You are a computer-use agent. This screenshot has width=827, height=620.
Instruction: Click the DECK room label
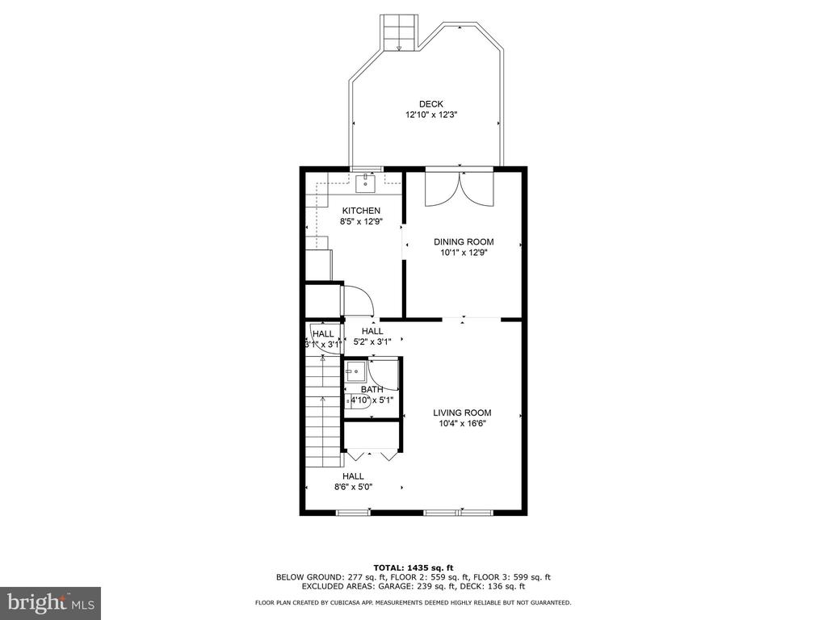pos(431,104)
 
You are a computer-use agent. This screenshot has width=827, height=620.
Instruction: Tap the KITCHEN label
pos(361,211)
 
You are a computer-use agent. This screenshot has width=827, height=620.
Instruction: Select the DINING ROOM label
pos(464,242)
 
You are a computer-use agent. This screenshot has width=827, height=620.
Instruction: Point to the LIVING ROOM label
pos(462,413)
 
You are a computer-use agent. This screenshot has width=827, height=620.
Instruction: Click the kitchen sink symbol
pos(365,183)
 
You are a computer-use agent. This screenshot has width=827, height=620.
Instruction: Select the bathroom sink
pos(355,371)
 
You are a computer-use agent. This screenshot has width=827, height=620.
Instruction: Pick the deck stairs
pos(399,32)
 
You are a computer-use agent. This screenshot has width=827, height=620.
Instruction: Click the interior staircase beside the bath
pos(323,410)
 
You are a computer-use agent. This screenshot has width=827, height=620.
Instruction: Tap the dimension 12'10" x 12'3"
pos(430,115)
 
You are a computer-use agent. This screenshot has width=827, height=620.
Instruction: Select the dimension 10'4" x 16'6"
pos(462,423)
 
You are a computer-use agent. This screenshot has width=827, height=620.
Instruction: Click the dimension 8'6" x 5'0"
pos(353,487)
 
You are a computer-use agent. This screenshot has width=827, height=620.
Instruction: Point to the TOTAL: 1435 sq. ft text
pos(413,568)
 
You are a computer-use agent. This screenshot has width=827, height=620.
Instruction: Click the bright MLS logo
pos(51,603)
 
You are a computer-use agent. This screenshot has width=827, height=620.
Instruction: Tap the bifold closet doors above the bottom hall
pos(370,455)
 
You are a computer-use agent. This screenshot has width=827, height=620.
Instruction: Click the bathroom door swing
pos(383,375)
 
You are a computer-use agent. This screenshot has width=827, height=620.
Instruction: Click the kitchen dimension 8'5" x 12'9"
pos(361,222)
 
